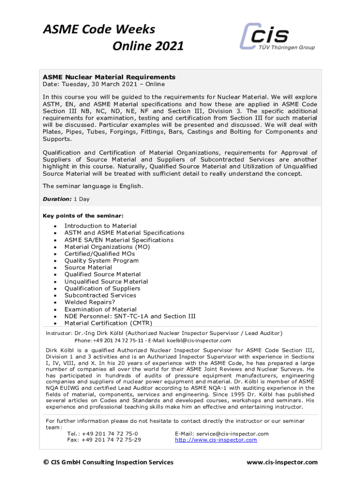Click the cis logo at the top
pyautogui.click(x=277, y=36)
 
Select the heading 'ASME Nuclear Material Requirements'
pyautogui.click(x=109, y=77)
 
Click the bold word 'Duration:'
pyautogui.click(x=57, y=199)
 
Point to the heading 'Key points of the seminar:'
pyautogui.click(x=83, y=216)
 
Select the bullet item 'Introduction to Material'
pyautogui.click(x=100, y=226)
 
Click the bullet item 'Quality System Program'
pyautogui.click(x=101, y=261)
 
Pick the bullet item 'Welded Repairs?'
pyautogui.click(x=90, y=303)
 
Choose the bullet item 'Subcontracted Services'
pyautogui.click(x=100, y=295)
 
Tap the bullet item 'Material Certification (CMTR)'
pyautogui.click(x=108, y=323)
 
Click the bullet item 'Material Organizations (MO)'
pyautogui.click(x=107, y=247)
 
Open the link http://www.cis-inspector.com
pyautogui.click(x=216, y=440)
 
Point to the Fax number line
pyautogui.click(x=104, y=440)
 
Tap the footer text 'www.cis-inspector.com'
pyautogui.click(x=282, y=462)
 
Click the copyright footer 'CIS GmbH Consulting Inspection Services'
pyautogui.click(x=108, y=462)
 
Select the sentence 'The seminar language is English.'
pyautogui.click(x=93, y=186)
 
